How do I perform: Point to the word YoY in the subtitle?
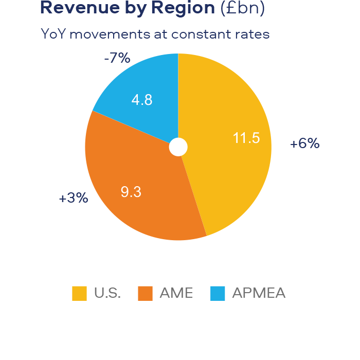click(53, 34)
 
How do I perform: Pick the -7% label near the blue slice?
click(117, 58)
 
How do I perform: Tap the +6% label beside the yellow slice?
click(304, 143)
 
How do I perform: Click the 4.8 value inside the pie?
click(142, 100)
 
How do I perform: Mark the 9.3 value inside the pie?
click(131, 192)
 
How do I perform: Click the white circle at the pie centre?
click(178, 147)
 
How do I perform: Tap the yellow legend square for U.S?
click(79, 294)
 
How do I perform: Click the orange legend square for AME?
click(146, 294)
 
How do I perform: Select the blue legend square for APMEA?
click(219, 294)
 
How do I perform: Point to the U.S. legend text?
click(107, 294)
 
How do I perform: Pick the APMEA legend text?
click(259, 294)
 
